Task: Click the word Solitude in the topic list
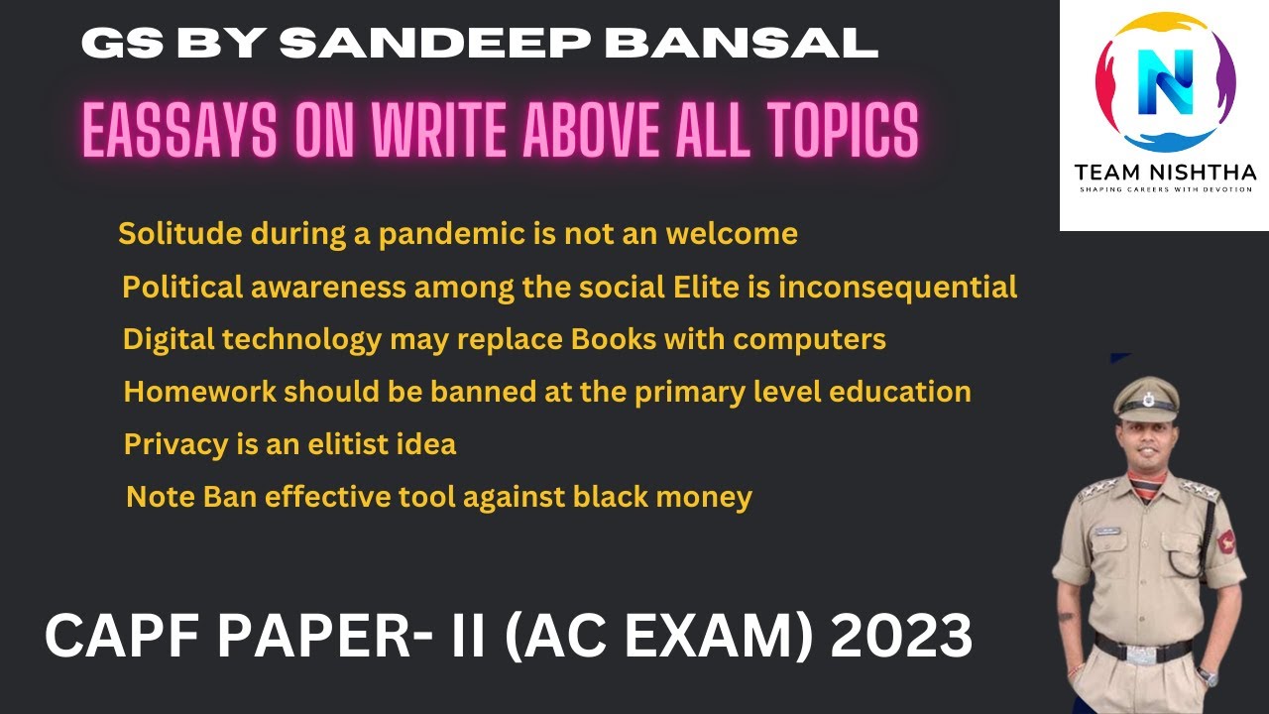(x=180, y=234)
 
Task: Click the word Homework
(x=200, y=392)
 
